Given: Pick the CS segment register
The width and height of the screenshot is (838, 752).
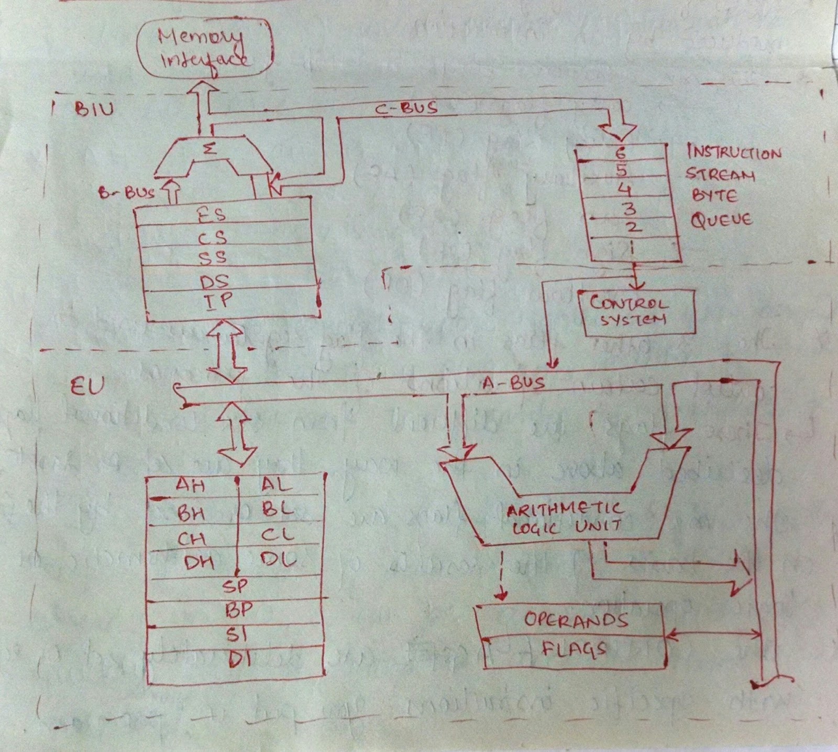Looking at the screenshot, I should click(x=212, y=237).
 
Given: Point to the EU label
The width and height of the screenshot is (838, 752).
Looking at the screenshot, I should click(x=87, y=386).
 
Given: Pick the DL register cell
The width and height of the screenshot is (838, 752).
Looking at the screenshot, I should click(x=278, y=560).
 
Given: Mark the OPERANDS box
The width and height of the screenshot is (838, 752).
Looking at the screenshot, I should click(x=575, y=620).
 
